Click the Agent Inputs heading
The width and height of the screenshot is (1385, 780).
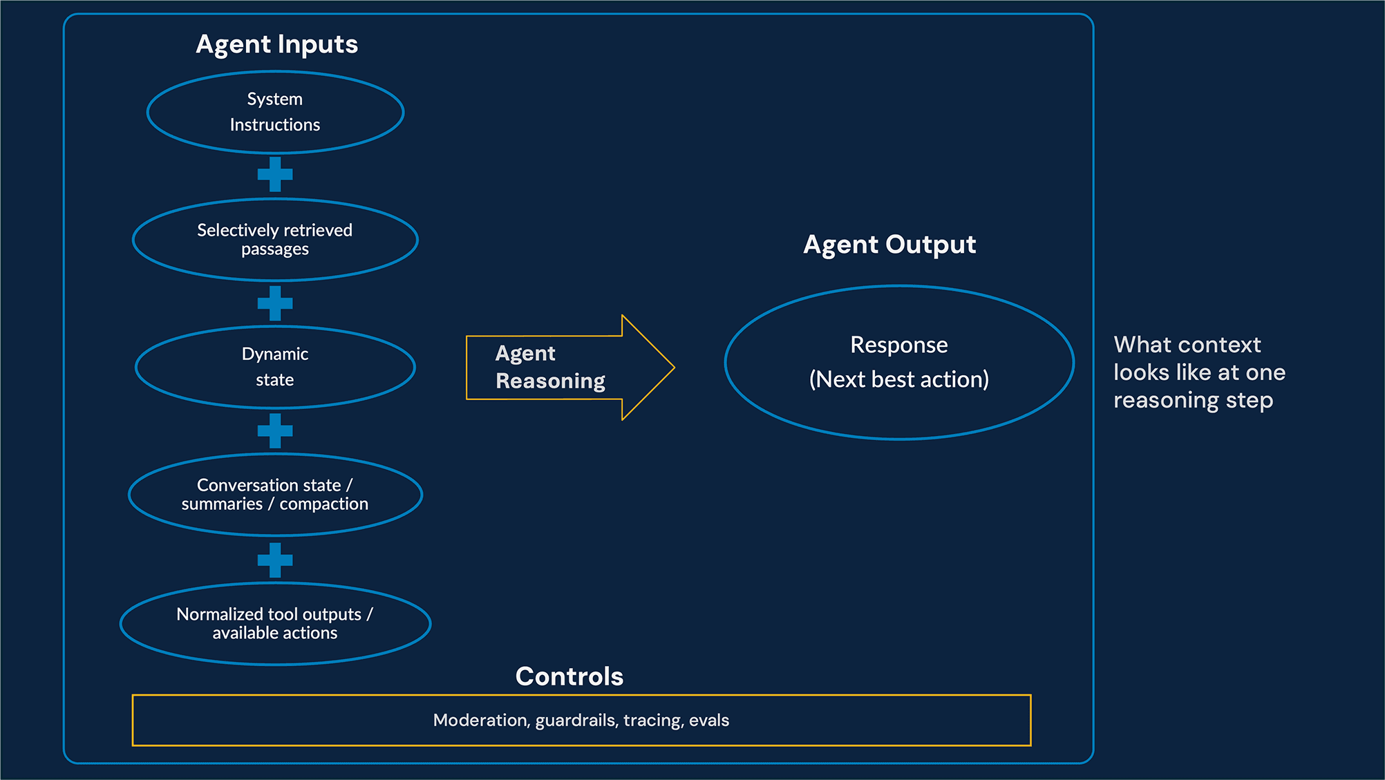276,44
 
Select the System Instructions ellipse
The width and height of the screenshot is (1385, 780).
275,112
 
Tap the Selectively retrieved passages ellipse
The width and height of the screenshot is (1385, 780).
275,239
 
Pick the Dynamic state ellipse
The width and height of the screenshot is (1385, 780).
275,367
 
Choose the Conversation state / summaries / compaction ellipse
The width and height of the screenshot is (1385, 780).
275,494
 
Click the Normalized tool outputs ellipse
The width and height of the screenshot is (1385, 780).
275,623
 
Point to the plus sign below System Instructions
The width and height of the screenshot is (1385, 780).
275,174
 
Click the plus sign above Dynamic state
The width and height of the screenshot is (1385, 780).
275,303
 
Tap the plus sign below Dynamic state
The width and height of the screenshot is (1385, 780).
275,431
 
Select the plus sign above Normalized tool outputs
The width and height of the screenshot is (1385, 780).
275,560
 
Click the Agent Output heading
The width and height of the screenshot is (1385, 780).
889,245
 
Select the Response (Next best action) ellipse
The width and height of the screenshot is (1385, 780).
898,362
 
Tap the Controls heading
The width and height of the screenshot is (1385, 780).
569,676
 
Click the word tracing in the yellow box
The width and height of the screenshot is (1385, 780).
652,721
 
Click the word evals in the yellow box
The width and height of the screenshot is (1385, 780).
709,721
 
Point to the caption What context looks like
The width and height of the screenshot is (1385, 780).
1198,372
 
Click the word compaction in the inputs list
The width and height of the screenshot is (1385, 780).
323,504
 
